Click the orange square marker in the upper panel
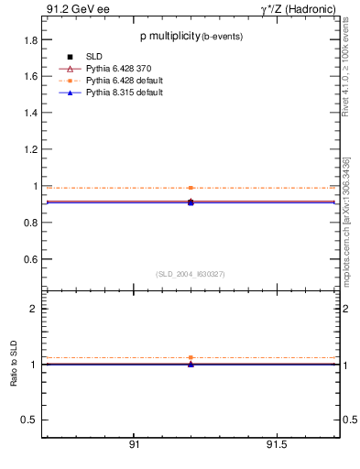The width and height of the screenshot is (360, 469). coord(191,188)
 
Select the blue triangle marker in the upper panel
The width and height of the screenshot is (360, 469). coord(191,202)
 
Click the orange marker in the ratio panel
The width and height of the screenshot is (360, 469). coord(191,357)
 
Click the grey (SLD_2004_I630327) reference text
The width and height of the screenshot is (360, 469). coord(191,273)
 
